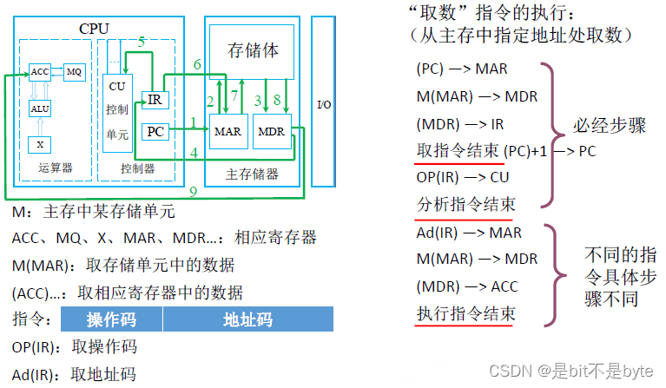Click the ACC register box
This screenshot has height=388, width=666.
pos(40,71)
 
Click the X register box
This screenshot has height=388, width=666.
pos(40,143)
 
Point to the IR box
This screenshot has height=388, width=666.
pos(154,100)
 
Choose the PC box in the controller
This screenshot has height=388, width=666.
pos(155,131)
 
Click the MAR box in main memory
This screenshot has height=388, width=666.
pos(227,132)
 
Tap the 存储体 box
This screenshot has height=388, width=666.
pos(254,50)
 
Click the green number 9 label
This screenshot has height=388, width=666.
pos(193,189)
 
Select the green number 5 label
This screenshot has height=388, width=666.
pos(141,43)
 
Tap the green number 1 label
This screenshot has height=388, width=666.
pos(192,123)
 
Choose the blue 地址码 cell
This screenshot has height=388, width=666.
pos(248,319)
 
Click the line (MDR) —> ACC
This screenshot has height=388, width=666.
pos(467,286)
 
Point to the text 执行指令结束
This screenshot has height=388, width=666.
pos(465,312)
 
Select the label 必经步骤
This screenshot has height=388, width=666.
pos(609,126)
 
